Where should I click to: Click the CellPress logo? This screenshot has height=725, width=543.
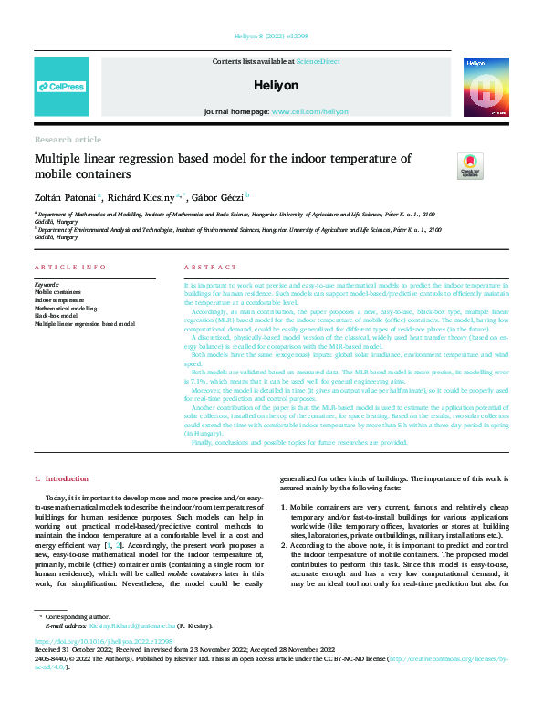coord(62,87)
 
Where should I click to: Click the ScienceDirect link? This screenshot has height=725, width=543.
coord(318,61)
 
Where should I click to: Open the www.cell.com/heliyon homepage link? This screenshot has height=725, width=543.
coord(309,111)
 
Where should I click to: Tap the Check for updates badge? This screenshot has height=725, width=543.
coord(470,166)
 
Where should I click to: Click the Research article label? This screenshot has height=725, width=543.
coord(68,139)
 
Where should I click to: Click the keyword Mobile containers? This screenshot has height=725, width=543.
coord(60,291)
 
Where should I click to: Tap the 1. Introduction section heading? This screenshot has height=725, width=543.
coord(61,478)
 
